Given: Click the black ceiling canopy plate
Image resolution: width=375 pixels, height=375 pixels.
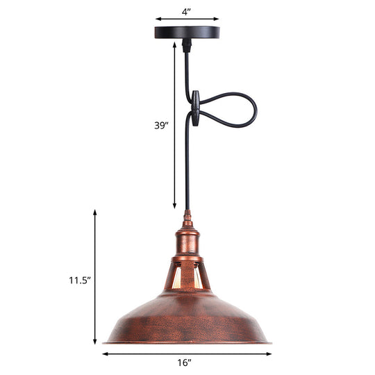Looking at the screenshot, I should (x=187, y=31).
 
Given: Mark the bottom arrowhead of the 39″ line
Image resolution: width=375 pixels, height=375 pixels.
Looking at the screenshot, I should (x=174, y=206).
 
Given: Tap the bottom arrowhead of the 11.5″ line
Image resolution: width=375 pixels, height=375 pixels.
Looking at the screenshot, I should (x=95, y=342).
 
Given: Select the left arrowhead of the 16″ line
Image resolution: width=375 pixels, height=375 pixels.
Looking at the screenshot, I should (x=105, y=353).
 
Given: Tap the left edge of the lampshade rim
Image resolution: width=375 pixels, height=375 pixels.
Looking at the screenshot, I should (x=106, y=341).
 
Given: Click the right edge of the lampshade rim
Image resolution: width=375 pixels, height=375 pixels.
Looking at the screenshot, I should (x=269, y=341).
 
